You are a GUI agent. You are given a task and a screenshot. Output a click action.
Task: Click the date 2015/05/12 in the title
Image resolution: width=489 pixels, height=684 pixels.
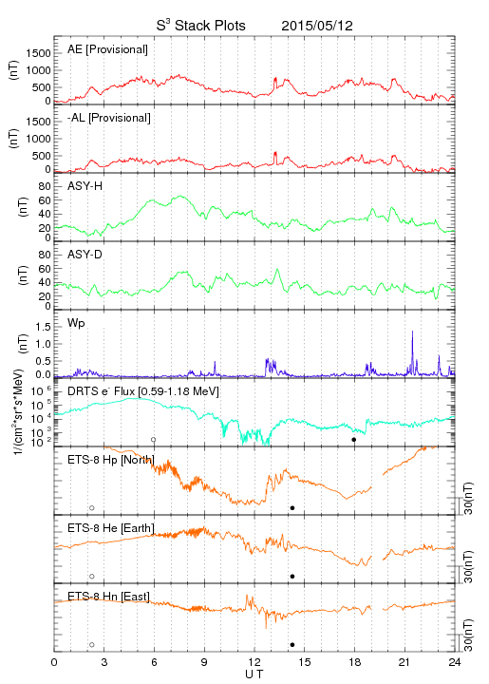point(317,26)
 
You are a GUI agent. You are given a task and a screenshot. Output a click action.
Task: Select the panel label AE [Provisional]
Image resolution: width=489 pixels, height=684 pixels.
point(107,49)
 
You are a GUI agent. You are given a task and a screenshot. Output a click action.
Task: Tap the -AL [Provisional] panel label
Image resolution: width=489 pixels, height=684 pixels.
point(109,118)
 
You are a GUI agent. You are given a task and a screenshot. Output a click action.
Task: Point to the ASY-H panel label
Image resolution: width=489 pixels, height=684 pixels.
point(85,186)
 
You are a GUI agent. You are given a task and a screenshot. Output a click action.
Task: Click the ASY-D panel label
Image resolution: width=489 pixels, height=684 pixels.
point(85,255)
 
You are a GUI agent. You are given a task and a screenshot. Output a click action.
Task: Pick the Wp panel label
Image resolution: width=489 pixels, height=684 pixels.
point(76,324)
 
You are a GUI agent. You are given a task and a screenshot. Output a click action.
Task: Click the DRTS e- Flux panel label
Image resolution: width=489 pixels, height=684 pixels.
point(143,391)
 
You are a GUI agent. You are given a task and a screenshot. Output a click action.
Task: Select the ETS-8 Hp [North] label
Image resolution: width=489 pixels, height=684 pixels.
point(111,460)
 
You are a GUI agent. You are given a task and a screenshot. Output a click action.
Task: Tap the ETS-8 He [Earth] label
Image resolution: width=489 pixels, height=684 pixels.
point(111,528)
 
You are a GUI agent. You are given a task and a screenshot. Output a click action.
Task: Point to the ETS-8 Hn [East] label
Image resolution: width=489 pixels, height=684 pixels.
point(108,596)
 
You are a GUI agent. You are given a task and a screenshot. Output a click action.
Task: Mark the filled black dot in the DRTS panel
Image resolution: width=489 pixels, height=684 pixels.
point(354,440)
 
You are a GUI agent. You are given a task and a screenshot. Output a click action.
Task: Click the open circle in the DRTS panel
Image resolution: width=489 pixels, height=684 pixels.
point(154,440)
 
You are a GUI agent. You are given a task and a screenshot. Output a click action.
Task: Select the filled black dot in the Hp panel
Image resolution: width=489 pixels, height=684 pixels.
point(292,507)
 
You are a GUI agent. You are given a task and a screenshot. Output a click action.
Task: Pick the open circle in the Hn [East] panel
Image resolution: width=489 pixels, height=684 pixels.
point(92,645)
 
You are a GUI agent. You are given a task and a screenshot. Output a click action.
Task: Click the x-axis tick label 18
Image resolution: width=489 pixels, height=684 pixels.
point(355,662)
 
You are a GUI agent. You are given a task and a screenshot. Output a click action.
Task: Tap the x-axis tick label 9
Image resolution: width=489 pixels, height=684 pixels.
point(204,662)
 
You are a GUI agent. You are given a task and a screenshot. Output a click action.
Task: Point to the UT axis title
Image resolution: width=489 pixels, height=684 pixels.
point(254,674)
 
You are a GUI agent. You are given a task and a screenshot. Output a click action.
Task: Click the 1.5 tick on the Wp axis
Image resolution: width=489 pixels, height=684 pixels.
point(43,327)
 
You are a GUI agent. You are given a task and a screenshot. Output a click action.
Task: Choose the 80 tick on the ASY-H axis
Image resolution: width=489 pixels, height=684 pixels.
point(45,186)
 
